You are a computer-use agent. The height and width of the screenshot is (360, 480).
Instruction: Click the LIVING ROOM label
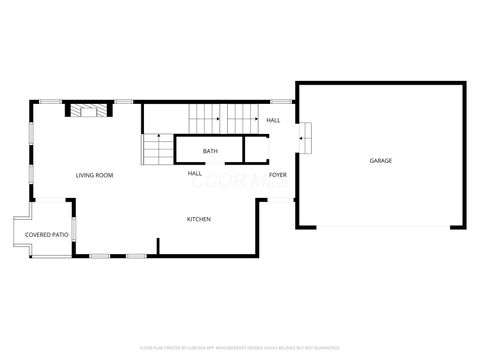95,175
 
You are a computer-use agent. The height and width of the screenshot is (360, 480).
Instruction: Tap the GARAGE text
380,160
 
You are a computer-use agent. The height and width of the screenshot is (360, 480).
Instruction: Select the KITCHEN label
198,219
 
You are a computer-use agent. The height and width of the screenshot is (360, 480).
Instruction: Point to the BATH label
210,151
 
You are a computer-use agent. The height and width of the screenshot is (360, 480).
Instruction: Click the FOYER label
277,174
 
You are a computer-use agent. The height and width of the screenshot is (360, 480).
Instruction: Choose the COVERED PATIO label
47,235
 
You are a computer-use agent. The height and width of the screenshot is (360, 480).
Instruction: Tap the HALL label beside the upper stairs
273,121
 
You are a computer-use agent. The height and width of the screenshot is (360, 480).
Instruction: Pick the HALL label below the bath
195,173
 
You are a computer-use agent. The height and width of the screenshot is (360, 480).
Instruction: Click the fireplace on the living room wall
85,109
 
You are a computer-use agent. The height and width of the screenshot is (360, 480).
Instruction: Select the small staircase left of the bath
158,149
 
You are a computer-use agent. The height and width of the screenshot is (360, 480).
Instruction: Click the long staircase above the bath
225,117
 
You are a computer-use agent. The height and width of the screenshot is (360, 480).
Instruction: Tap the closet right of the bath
257,150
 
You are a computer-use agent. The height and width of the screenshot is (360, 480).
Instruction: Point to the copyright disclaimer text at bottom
240,349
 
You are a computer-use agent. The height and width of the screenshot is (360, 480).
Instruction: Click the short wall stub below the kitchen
157,246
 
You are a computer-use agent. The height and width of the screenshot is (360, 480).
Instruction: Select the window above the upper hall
281,101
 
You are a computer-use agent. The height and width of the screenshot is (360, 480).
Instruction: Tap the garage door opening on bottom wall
380,227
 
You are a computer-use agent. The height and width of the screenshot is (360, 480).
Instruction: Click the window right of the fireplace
124,101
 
